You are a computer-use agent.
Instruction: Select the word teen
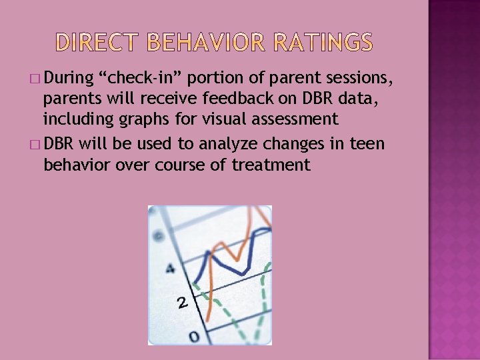click(x=369, y=144)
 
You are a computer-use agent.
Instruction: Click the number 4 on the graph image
click(x=170, y=269)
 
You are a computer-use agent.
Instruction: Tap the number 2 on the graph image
click(x=182, y=303)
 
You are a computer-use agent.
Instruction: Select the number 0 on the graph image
click(x=194, y=337)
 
